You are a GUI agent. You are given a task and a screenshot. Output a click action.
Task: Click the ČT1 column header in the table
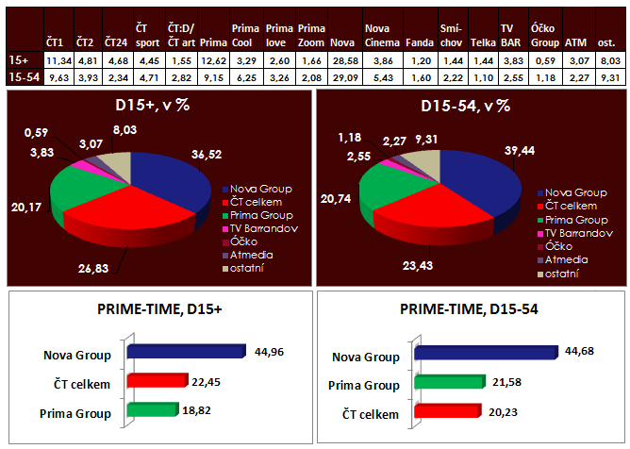tap(56, 43)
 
